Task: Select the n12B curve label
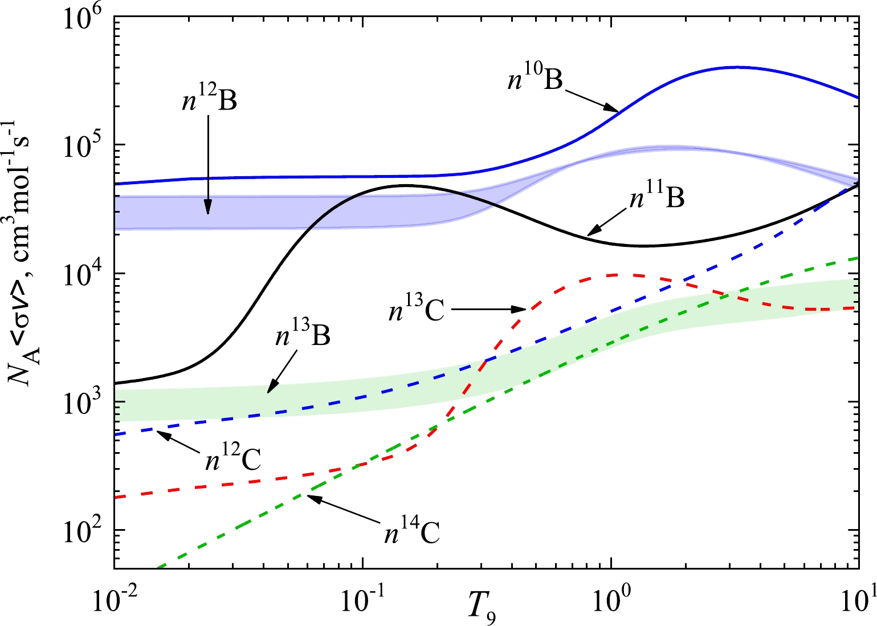pos(209,100)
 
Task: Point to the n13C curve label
pos(417,311)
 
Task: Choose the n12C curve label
pos(234,458)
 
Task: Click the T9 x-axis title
pos(482,607)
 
